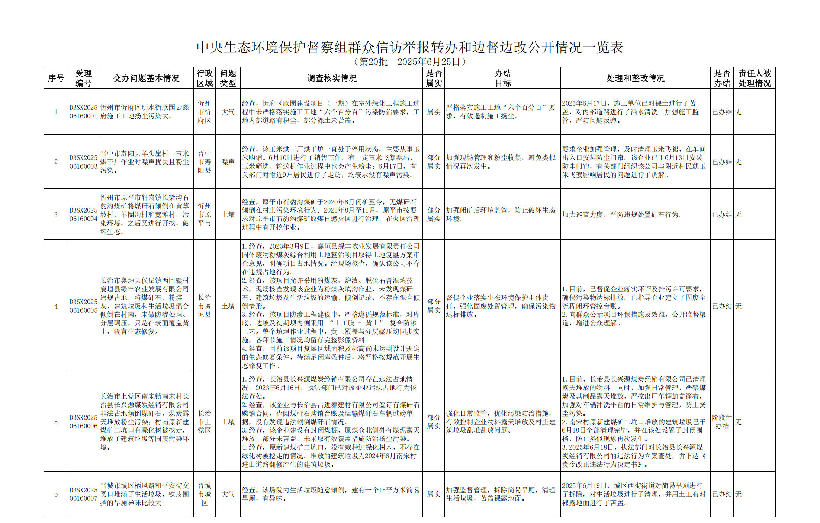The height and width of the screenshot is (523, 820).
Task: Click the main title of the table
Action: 409,47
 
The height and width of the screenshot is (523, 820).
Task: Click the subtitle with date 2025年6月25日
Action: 409,62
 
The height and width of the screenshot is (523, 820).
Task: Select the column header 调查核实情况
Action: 331,78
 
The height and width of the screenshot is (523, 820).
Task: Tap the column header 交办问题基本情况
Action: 146,78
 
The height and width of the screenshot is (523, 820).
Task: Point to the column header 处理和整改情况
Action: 635,78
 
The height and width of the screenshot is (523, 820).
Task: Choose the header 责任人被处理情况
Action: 754,78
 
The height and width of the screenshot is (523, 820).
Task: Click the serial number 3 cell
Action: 56,215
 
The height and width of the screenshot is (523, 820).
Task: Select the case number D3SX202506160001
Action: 83,112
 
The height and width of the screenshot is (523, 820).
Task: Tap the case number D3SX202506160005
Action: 83,306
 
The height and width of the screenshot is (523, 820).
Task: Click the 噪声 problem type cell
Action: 228,162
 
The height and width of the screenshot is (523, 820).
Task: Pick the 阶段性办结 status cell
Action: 721,422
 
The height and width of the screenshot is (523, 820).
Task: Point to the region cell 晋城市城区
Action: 204,494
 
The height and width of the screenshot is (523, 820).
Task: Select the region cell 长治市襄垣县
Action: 204,306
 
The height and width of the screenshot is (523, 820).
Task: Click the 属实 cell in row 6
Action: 434,494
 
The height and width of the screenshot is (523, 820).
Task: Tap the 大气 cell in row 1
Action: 228,112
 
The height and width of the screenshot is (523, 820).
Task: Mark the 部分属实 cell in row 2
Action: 434,162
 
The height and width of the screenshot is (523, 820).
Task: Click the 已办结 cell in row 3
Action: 721,215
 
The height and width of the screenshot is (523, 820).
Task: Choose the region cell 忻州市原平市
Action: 204,215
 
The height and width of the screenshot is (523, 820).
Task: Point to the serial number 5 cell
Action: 56,422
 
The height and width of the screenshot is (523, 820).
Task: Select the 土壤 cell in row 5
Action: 228,422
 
